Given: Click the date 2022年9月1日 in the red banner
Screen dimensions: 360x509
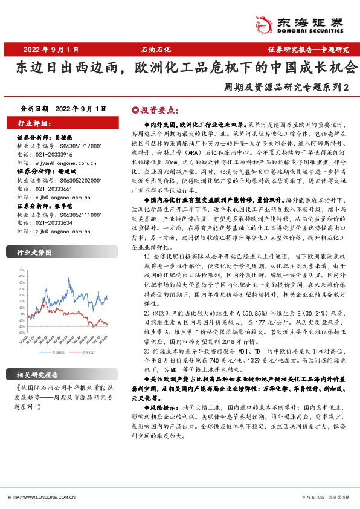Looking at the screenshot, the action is click(x=51, y=49).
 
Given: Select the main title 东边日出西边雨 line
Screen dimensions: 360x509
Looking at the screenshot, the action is click(x=179, y=67).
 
